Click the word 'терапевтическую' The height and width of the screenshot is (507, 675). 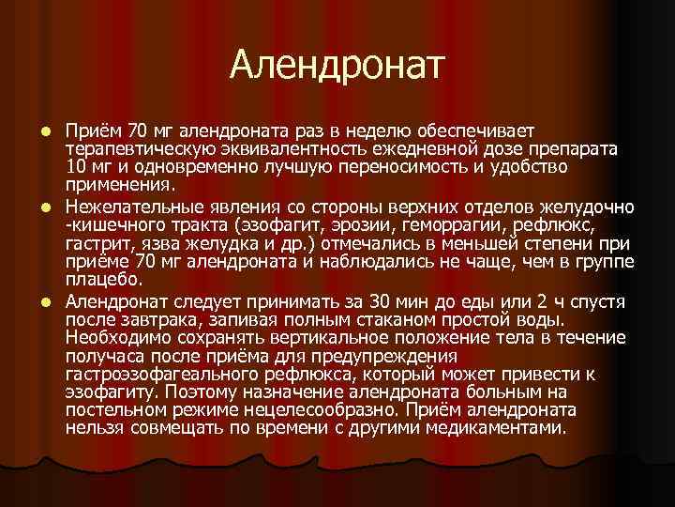point(136,149)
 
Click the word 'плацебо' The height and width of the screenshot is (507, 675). point(103,279)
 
